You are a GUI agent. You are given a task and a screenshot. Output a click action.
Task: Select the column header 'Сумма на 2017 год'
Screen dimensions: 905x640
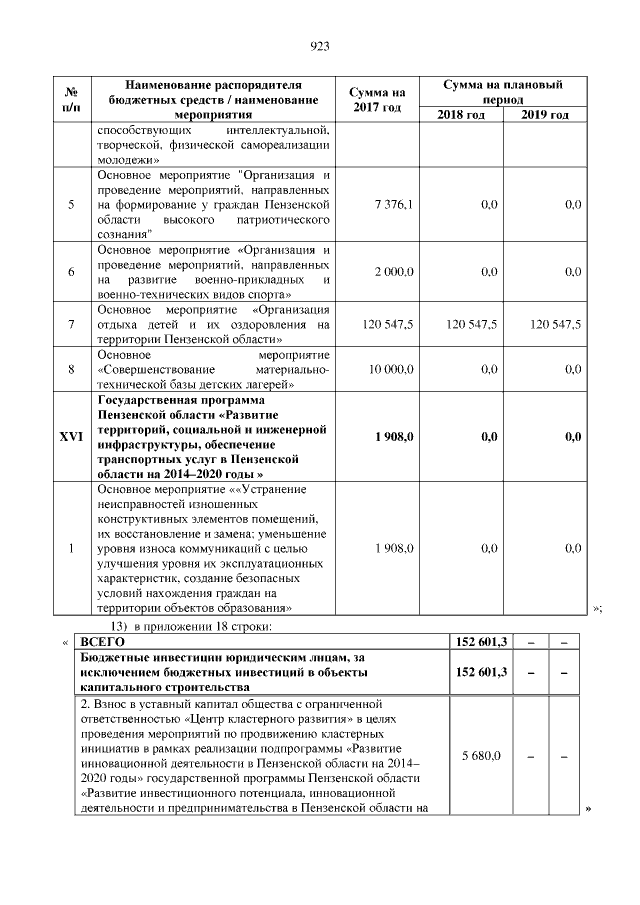(x=378, y=99)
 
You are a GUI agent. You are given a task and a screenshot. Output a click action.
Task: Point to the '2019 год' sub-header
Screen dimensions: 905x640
(x=545, y=115)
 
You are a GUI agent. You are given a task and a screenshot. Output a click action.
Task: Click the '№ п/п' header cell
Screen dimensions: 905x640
(x=71, y=99)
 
